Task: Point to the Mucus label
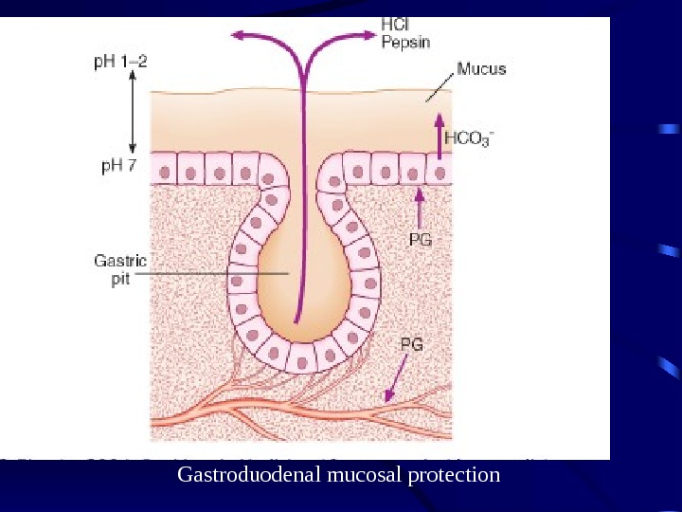tap(481, 69)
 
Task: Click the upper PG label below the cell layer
tap(420, 240)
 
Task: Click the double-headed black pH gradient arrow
tap(133, 115)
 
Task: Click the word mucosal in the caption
tap(366, 474)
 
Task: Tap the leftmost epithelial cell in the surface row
tap(166, 173)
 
